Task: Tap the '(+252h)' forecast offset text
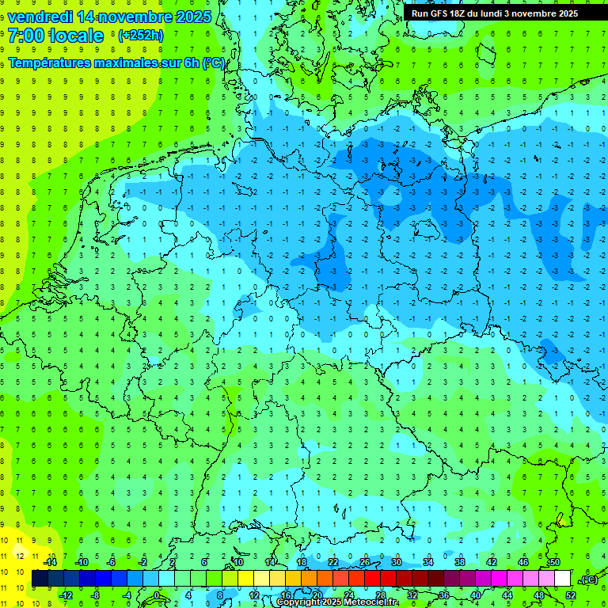pos(140,36)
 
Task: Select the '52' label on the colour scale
pos(571,595)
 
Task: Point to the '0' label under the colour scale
pos(157,595)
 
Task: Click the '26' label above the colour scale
pos(365,562)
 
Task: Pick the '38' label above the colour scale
pos(460,562)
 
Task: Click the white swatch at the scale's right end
pos(562,579)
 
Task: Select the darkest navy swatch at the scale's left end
pos(40,579)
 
